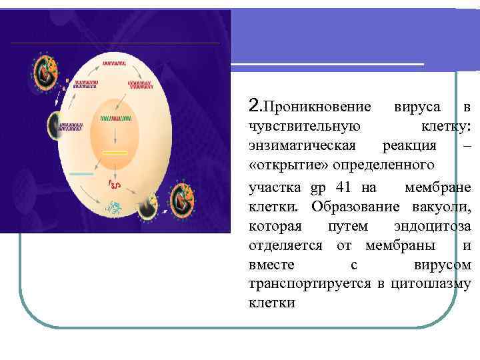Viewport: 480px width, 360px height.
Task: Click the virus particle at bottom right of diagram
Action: pos(184,200)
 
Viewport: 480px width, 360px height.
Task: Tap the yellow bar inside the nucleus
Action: pos(115,153)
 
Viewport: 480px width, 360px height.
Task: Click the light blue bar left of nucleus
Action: pos(81,173)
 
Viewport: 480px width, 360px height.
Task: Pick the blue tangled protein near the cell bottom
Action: pos(115,208)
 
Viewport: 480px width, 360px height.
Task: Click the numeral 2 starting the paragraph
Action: pos(252,106)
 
